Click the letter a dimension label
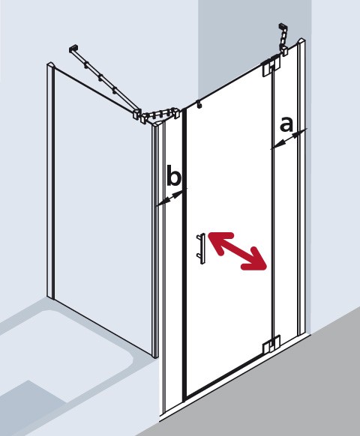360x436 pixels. pyautogui.click(x=286, y=124)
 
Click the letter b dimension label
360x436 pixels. pyautogui.click(x=173, y=178)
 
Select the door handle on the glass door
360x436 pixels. pyautogui.click(x=200, y=248)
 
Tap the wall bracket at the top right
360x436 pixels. pyautogui.click(x=284, y=37)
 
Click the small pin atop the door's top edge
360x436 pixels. pyautogui.click(x=198, y=106)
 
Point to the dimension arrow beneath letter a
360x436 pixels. pyautogui.click(x=288, y=140)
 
